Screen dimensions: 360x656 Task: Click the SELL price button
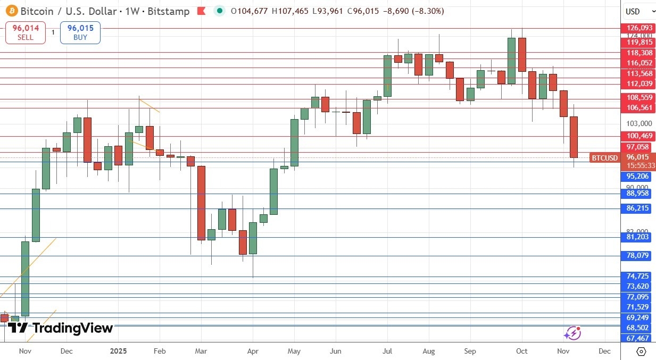[x=24, y=32]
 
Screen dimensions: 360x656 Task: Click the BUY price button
[x=80, y=32]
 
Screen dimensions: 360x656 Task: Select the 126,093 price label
[x=639, y=28]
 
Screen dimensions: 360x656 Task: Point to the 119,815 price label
[x=639, y=43]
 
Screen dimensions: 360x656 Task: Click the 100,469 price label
[x=639, y=136]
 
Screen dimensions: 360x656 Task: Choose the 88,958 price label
[x=639, y=194]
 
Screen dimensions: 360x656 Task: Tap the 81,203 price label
[x=639, y=237]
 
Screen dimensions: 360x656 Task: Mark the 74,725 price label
[x=639, y=276]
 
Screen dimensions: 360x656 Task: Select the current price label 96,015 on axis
[x=638, y=157]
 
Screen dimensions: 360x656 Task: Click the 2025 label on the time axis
[x=118, y=351]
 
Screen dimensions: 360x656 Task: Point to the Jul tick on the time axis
[x=388, y=351]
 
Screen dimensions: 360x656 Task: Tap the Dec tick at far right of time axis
[x=604, y=351]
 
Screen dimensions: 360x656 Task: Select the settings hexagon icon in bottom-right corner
[x=641, y=351]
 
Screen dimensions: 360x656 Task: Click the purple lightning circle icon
[x=572, y=333]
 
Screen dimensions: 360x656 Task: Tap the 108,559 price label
[x=639, y=97]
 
